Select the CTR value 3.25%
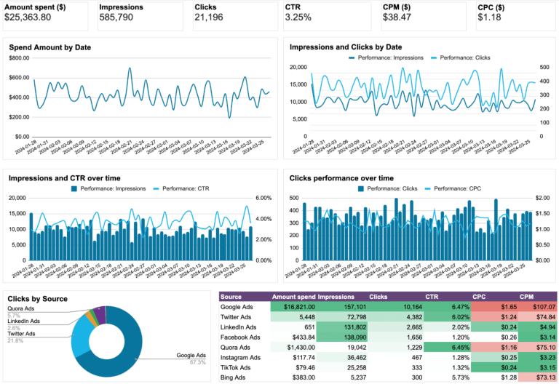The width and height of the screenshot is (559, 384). (299, 17)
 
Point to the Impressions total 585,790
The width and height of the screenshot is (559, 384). (120, 17)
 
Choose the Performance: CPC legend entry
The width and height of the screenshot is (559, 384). (464, 188)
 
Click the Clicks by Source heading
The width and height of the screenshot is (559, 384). (37, 299)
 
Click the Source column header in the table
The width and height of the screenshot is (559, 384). (231, 297)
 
